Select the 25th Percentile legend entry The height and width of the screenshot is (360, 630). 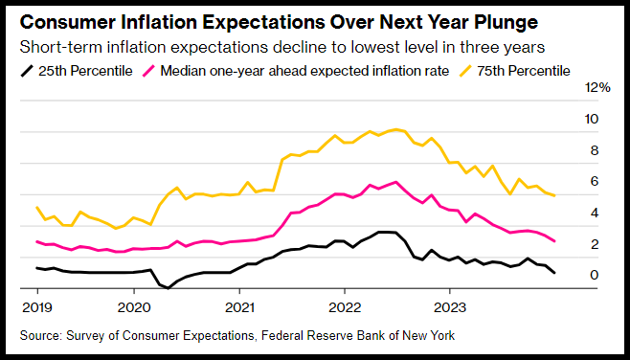point(77,71)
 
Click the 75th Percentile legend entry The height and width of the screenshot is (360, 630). point(515,71)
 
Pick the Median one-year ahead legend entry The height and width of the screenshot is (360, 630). point(296,71)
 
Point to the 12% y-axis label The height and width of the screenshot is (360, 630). point(598,87)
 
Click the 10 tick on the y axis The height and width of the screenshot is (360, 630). point(592,119)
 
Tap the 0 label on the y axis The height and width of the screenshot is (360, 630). point(595,275)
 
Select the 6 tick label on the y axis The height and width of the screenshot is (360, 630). point(595,182)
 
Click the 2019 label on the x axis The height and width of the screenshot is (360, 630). point(37,308)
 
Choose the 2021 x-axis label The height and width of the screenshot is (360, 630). point(239,308)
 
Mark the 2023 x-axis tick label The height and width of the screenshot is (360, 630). point(450,308)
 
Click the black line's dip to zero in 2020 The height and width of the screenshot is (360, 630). point(168,287)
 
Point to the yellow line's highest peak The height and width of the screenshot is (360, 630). point(396,129)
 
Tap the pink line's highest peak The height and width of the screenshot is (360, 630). point(396,182)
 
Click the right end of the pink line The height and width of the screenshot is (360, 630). point(554,241)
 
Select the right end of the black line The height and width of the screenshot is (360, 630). point(554,273)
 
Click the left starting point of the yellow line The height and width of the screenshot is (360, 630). point(37,208)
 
